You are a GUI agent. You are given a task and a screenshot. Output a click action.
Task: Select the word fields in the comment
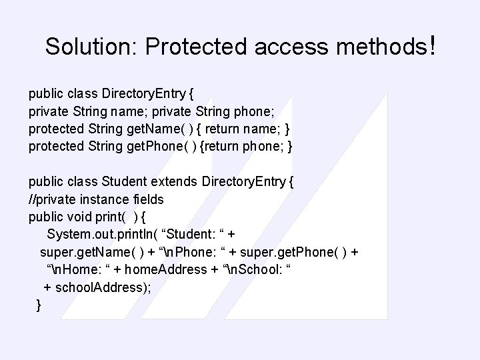click(147, 199)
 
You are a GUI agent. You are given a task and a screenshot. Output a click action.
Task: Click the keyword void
click(80, 216)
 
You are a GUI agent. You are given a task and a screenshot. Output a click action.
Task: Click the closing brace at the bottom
click(39, 305)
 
